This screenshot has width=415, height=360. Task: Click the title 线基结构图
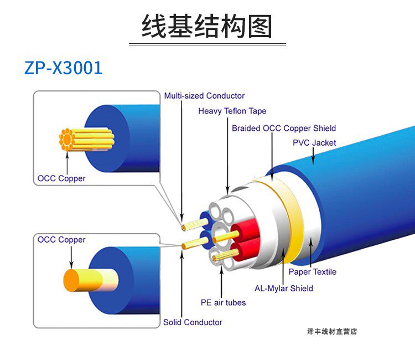(x=207, y=27)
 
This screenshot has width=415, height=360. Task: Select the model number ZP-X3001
(x=63, y=68)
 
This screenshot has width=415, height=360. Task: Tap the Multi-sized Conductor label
(x=204, y=96)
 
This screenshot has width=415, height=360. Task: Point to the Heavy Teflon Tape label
(x=232, y=111)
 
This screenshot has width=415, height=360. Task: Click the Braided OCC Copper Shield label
(x=284, y=128)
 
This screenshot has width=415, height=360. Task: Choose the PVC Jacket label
(x=314, y=142)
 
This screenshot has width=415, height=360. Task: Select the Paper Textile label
(x=312, y=272)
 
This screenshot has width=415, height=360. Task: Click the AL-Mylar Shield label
(x=283, y=288)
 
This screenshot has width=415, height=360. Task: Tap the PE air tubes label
(x=223, y=302)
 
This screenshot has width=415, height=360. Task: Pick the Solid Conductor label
(x=193, y=322)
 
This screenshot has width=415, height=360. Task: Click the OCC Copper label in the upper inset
(x=61, y=178)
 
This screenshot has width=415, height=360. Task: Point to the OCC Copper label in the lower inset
(x=61, y=240)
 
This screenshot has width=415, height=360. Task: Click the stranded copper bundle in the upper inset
(x=86, y=139)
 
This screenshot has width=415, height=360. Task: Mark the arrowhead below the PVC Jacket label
(x=313, y=162)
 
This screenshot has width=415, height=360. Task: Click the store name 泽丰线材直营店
(x=332, y=332)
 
